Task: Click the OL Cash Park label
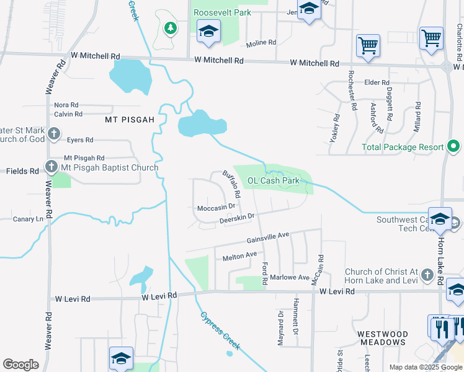274,181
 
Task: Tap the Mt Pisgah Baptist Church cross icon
51,167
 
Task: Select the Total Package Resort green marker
453,147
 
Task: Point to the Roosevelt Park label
222,12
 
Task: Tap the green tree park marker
169,27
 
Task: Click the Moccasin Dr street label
216,208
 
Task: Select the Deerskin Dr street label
237,218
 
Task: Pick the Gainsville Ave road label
268,237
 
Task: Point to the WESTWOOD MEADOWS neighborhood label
382,339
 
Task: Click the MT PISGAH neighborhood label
129,119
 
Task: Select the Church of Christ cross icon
426,275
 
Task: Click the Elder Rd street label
377,82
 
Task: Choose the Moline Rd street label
261,43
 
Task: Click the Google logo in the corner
20,365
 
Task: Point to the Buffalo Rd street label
231,184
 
